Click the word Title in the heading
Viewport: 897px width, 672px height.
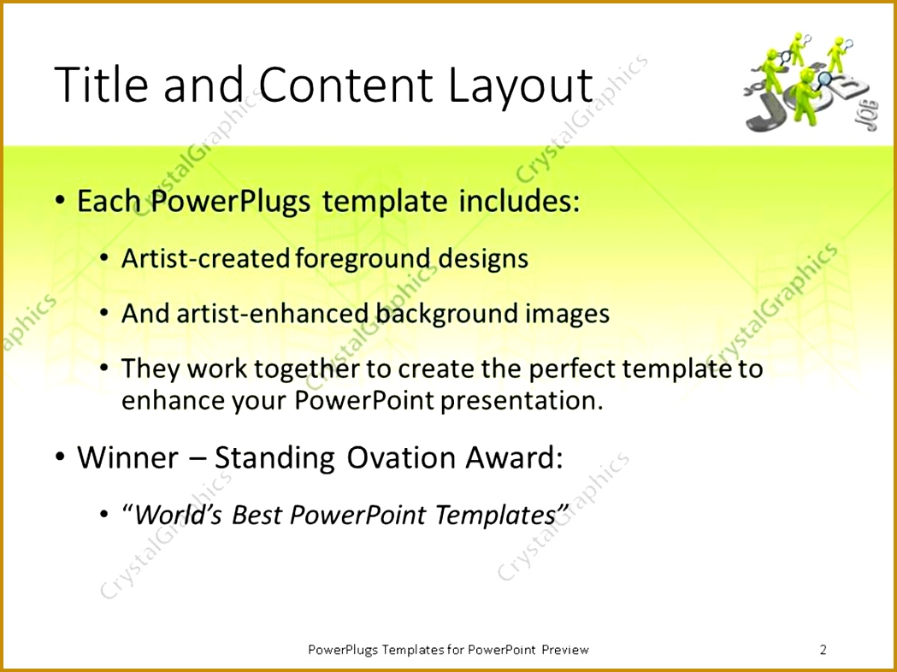(x=100, y=85)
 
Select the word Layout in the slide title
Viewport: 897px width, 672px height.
(x=520, y=87)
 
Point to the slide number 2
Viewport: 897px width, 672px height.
(x=823, y=649)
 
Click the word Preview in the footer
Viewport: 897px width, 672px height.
(x=565, y=649)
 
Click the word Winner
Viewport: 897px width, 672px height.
(x=127, y=457)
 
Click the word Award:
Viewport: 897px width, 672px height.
(x=514, y=457)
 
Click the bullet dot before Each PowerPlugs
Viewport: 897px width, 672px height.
(x=60, y=201)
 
